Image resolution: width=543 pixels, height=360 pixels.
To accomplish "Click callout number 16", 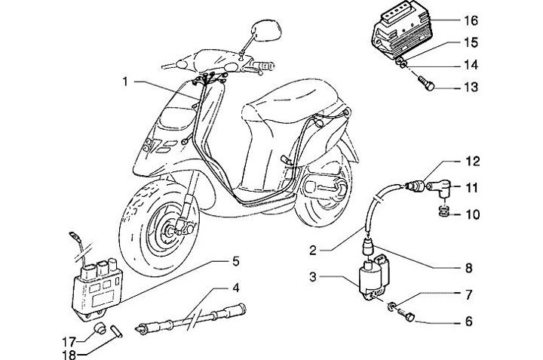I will click(473, 20).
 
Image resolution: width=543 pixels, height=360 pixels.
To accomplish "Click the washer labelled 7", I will click(394, 308).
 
